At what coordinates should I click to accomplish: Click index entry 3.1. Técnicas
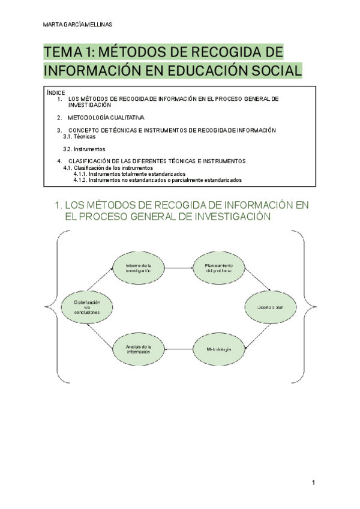coord(79,136)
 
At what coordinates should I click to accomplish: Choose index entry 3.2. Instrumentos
coord(84,149)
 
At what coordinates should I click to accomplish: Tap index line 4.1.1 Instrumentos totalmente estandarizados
coord(130,174)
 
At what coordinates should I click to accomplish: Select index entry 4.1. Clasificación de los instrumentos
coord(108,168)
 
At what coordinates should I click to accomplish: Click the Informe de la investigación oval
coord(139,268)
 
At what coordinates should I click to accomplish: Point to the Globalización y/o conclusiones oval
coord(87,308)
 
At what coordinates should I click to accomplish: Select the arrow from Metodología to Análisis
coord(178,349)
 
